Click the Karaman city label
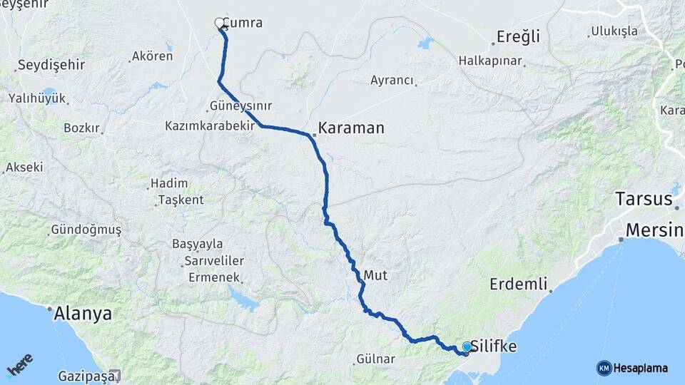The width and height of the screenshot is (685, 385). (351, 128)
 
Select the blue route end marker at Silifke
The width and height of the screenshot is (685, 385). (467, 346)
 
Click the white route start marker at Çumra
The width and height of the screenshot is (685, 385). (220, 23)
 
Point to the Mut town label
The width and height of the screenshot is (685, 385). (375, 274)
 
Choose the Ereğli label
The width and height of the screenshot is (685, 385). (518, 37)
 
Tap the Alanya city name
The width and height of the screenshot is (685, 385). (84, 314)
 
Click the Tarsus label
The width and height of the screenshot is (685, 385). (644, 198)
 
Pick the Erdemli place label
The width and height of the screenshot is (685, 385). (518, 284)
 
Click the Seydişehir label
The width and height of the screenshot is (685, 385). (51, 65)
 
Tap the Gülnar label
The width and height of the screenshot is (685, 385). (375, 359)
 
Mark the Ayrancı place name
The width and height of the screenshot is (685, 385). (392, 81)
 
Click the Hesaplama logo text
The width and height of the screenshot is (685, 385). (640, 368)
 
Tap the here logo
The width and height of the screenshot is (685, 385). (20, 364)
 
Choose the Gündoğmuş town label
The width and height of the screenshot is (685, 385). (86, 230)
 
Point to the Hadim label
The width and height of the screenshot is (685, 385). (169, 184)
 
